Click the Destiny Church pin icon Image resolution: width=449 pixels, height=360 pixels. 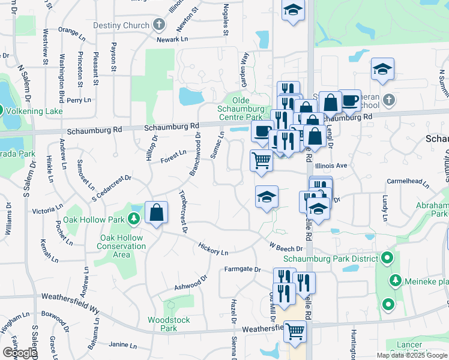158,25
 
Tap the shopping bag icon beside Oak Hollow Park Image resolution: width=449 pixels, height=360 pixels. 156,212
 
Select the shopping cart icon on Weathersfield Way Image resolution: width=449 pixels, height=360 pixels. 295,331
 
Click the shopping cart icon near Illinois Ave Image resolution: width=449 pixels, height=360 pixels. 261,161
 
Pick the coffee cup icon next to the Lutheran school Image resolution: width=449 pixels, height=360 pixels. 349,100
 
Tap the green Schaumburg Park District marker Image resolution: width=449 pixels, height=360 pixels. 387,259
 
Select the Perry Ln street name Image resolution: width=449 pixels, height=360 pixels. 79,100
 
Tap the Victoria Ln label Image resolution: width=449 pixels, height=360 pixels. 44,211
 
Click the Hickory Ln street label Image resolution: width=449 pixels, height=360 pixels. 214,249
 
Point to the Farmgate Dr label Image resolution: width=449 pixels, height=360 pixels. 244,269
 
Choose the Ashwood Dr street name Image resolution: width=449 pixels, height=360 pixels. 190,282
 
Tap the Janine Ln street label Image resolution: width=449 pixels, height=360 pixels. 124,344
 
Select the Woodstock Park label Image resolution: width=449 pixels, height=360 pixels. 163,324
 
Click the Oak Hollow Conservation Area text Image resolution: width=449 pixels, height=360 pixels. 121,246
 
